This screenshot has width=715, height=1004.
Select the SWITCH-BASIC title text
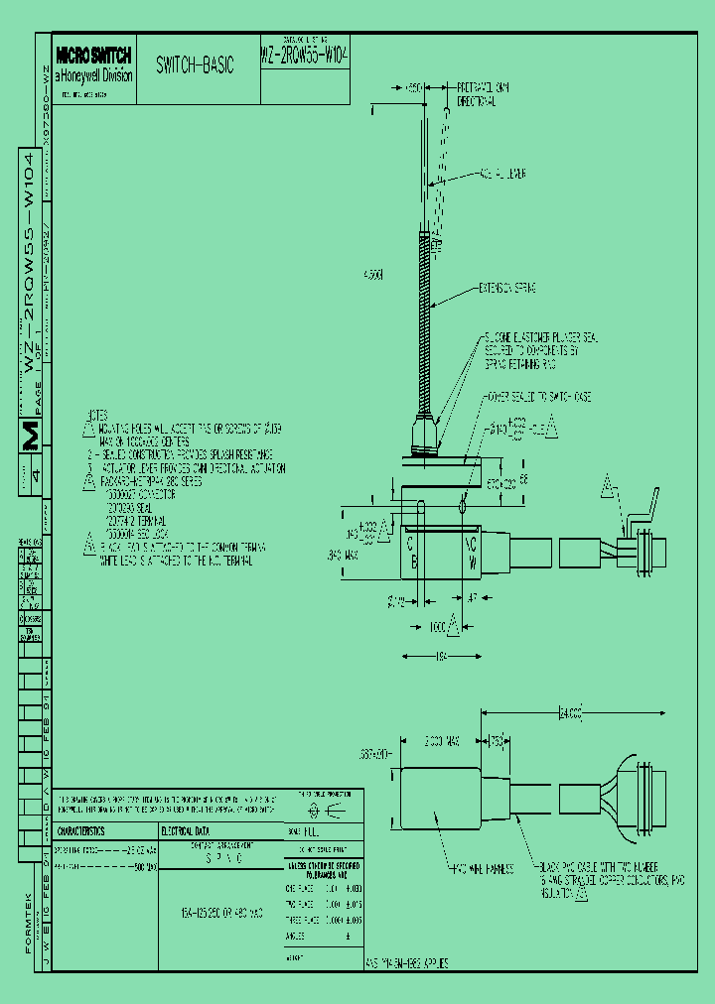pos(195,65)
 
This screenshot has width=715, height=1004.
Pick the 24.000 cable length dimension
pos(569,713)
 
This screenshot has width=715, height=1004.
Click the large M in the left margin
pos(31,436)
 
